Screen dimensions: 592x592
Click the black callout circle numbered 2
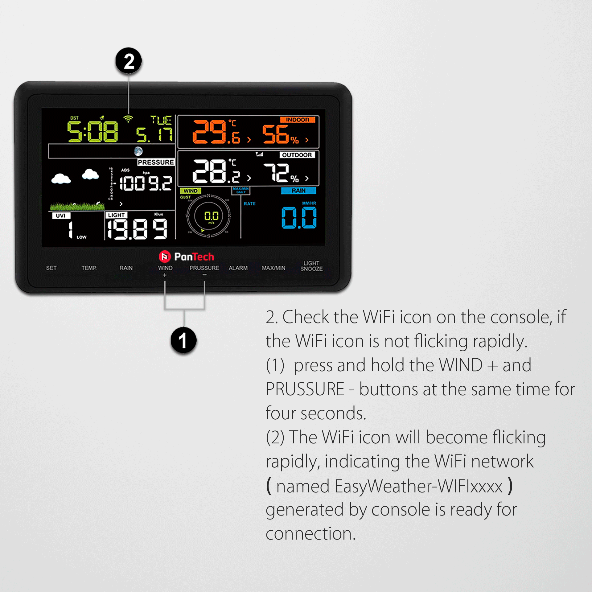coord(129,61)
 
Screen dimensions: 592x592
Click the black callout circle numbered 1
coord(183,340)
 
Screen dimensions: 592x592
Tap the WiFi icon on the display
coord(128,119)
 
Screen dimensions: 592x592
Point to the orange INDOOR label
coord(297,120)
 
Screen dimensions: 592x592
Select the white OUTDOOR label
coord(297,155)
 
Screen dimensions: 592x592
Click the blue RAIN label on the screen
coord(298,191)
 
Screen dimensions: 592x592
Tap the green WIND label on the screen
coord(190,191)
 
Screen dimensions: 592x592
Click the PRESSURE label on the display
coord(156,162)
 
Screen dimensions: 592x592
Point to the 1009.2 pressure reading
coord(146,183)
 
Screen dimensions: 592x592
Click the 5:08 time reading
coord(92,132)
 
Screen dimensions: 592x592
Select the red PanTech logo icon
coord(165,256)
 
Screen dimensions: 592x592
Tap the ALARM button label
coord(238,268)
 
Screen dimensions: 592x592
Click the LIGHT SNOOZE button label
coord(311,266)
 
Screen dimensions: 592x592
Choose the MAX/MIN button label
coord(273,268)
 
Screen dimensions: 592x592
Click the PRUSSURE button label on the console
coord(204,268)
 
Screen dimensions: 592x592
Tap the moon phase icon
coord(138,151)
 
